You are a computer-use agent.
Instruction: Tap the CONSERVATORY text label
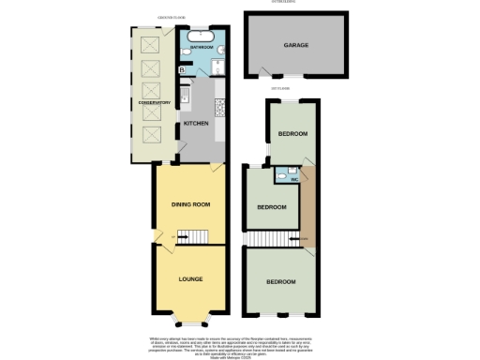pos(155,103)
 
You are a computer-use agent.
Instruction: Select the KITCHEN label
pos(195,124)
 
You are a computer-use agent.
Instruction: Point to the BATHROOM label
pos(202,46)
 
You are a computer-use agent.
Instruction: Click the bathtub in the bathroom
pos(203,37)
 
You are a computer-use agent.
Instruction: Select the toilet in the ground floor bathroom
pos(189,55)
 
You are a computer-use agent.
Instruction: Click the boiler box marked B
pos(182,68)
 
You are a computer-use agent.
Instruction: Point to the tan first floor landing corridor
pos(305,202)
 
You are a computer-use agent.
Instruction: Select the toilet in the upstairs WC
pos(280,172)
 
